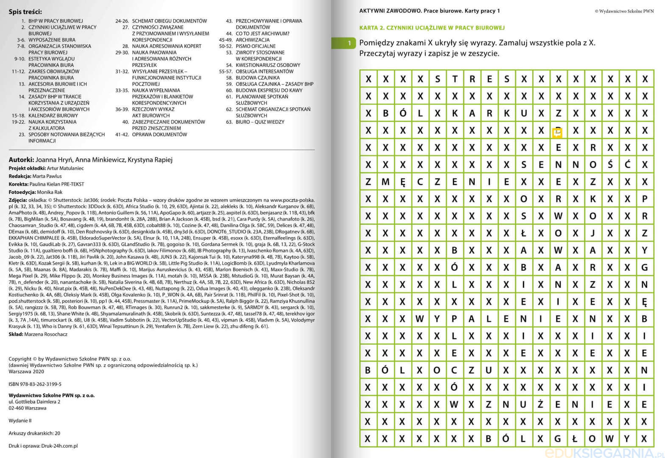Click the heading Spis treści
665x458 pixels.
point(25,12)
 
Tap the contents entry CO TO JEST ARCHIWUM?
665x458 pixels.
point(262,34)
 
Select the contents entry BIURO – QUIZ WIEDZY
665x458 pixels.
point(260,122)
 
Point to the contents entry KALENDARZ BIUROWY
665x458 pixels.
point(53,115)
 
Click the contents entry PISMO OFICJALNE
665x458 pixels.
point(255,46)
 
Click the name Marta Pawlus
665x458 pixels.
point(47,176)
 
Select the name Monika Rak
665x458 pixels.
point(50,192)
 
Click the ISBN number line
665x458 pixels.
point(35,384)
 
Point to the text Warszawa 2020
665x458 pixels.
point(26,371)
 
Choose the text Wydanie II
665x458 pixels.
point(20,421)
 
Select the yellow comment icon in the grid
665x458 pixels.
point(557,133)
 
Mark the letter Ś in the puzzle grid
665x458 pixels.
point(610,165)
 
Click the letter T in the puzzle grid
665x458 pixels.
point(455,79)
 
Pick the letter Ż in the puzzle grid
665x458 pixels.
point(541,404)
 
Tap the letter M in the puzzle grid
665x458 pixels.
point(385,182)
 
